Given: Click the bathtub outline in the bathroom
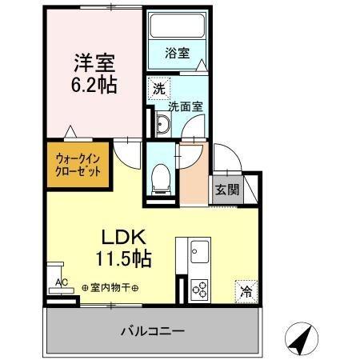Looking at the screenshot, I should point(177,30).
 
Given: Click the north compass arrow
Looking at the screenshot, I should point(299,339).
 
